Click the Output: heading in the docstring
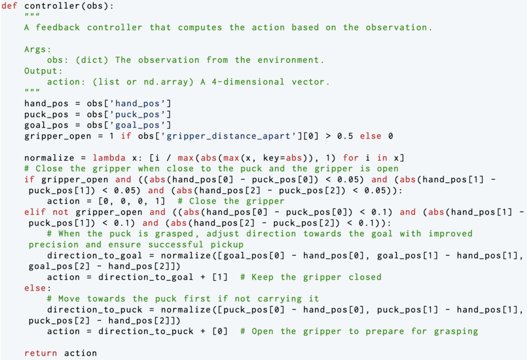(43, 71)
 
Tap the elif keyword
(36, 212)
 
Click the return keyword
(41, 353)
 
